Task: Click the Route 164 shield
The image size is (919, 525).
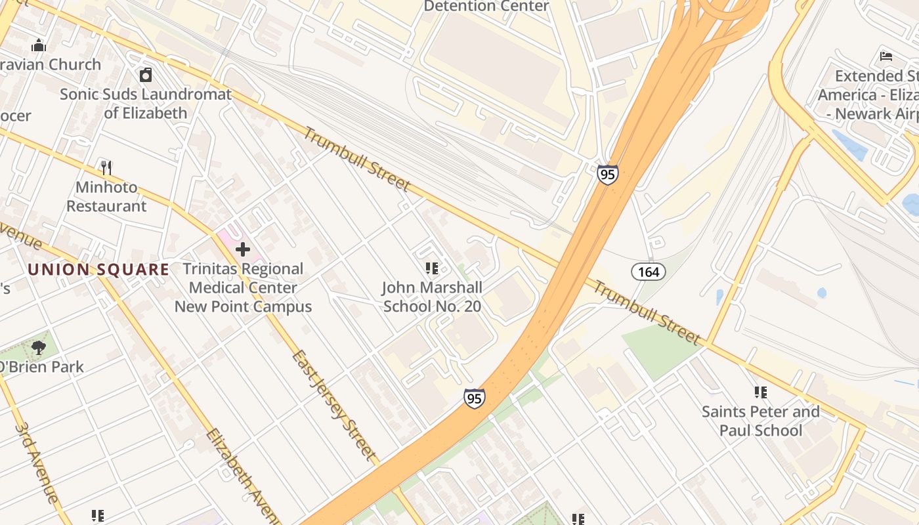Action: tap(649, 272)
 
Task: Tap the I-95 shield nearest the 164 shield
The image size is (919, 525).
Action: tap(607, 175)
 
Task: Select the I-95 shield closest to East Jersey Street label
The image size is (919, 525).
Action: tap(474, 398)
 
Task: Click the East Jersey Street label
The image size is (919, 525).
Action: tap(334, 405)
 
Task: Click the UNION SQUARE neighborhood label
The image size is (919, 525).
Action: tap(98, 270)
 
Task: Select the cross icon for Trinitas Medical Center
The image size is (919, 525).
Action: tap(243, 249)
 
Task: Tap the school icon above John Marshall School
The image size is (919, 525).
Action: tap(432, 268)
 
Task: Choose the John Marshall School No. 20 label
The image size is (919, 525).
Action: tap(432, 297)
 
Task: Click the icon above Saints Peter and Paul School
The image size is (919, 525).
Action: tap(761, 392)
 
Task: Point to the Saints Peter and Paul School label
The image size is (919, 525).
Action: tap(761, 421)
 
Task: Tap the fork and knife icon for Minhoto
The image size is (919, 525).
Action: tap(106, 168)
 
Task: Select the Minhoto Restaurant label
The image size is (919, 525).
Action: tap(106, 196)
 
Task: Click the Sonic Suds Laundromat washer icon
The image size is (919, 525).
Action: tap(146, 75)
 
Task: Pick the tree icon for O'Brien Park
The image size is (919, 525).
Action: tap(39, 347)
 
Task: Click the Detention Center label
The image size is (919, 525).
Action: tap(486, 7)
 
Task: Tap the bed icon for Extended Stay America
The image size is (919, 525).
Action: tap(886, 56)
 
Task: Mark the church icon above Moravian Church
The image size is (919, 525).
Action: tap(39, 45)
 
